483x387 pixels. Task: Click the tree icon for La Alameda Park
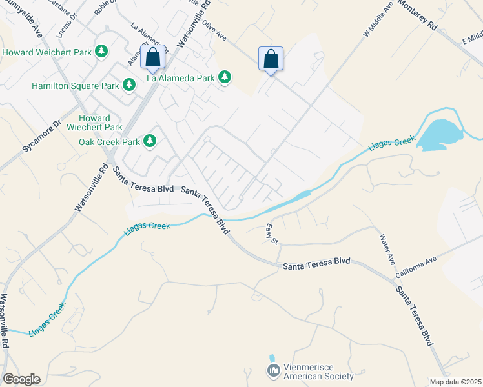coord(224,78)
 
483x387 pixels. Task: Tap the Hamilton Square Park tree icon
coord(129,85)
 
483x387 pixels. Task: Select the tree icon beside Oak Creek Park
coord(150,141)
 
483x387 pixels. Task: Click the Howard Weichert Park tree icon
coord(101,51)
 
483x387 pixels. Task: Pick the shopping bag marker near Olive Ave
coord(271,59)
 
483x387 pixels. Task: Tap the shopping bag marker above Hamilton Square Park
coord(153,57)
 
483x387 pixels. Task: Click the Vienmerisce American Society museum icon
coord(273,371)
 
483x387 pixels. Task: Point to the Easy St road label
coord(271,233)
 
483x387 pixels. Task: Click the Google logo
coord(21,379)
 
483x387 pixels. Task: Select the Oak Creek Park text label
coord(109,142)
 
